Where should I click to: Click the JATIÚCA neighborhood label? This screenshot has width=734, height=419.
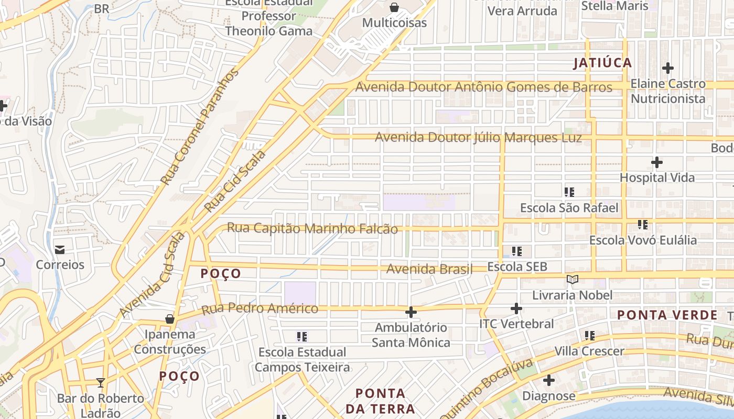coord(602,63)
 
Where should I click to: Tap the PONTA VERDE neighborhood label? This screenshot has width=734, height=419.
coord(667,315)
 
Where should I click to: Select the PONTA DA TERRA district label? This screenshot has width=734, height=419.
coord(381,401)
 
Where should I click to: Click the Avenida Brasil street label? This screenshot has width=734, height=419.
coord(429,269)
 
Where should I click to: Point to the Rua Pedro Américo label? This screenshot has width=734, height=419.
coord(260,308)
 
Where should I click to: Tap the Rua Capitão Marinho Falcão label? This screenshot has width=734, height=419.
coord(312,228)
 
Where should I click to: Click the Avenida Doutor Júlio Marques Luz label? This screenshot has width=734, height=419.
coord(478,138)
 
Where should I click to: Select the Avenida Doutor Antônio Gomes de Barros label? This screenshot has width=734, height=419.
coord(483,87)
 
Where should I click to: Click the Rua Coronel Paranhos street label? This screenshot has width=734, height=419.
coord(199,127)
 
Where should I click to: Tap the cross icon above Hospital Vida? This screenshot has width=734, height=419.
coord(656,162)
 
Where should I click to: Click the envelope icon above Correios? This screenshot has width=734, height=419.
coord(60,249)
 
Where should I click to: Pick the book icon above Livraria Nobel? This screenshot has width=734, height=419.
coord(573,280)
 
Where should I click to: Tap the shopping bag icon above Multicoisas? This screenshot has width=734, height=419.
coord(394,7)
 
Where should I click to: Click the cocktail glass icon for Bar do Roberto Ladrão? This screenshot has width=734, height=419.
coord(101,383)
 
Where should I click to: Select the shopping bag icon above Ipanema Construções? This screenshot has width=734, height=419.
coord(169,318)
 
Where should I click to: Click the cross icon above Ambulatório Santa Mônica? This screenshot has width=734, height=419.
coord(411,312)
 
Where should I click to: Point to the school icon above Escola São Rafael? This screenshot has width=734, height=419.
coord(569,192)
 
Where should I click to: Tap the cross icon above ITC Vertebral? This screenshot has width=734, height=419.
coord(516,308)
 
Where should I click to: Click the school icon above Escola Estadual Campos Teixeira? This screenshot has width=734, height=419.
coord(301,336)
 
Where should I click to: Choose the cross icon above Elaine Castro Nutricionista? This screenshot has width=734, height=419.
coord(667,68)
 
